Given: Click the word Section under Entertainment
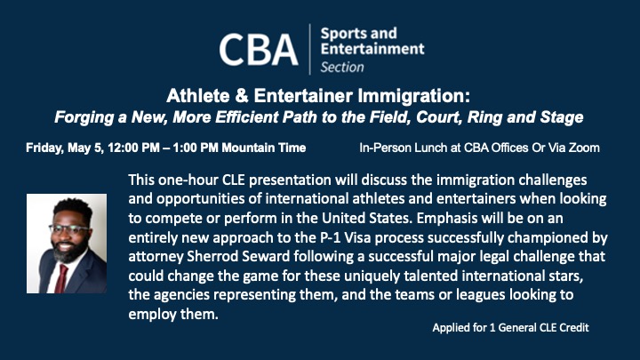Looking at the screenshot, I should click(x=341, y=67).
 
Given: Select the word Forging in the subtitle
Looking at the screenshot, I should click(x=84, y=116).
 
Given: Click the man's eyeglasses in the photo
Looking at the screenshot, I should click(x=68, y=228).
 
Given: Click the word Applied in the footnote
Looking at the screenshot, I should click(x=452, y=328).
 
